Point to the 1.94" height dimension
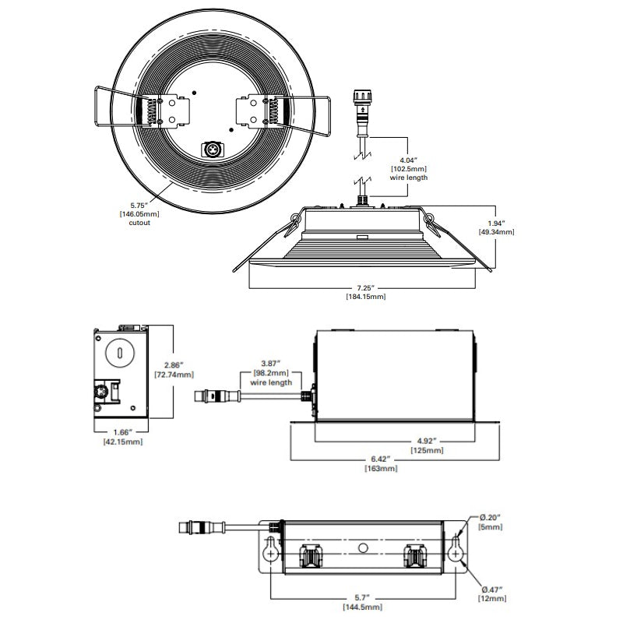tap(496, 223)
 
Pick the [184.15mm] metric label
tap(365, 297)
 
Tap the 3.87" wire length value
tap(270, 364)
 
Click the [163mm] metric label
tap(381, 469)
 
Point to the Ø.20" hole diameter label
tap(492, 518)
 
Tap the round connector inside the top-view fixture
tap(210, 148)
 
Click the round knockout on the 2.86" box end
tap(120, 354)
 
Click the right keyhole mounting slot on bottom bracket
tap(457, 551)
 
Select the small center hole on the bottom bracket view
tap(362, 548)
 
